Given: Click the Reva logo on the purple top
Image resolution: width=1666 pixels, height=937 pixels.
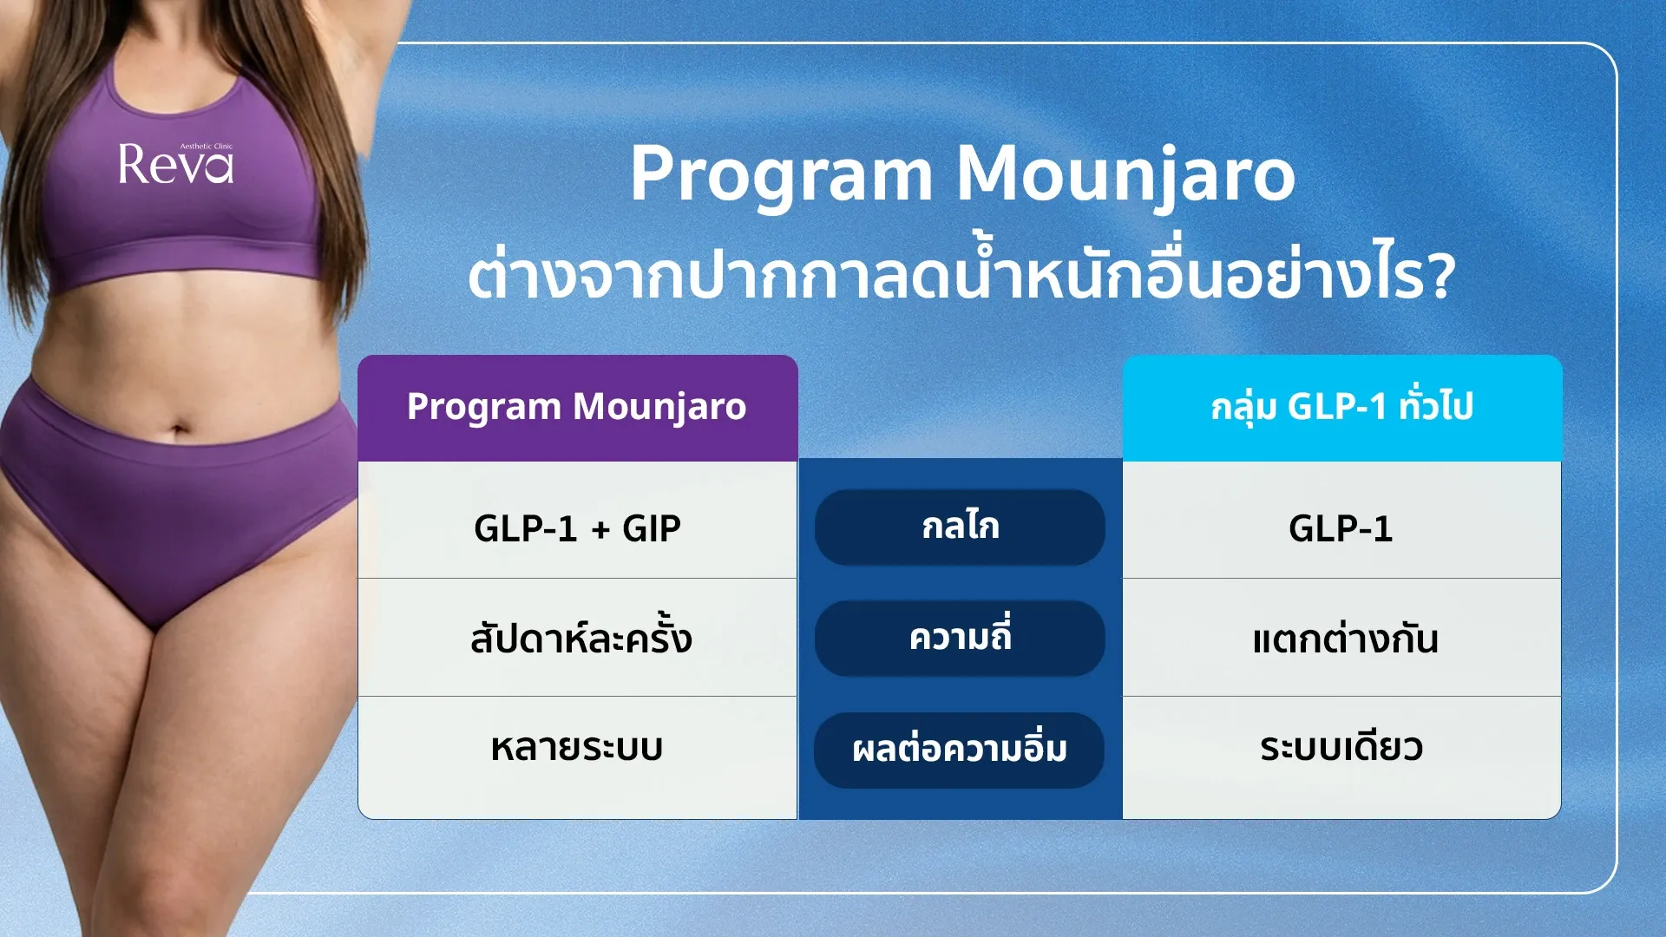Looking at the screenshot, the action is pos(176,164).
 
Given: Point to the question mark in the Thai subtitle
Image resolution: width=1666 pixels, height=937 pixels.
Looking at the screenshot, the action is pos(1439,277).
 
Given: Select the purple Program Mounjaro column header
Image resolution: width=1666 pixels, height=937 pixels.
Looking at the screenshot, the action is pos(578,408).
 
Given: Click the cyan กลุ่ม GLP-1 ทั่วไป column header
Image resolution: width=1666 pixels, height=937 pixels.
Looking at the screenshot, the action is pos(1342,408).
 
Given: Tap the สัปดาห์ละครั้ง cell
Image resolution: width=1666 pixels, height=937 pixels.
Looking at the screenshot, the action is pos(578,637).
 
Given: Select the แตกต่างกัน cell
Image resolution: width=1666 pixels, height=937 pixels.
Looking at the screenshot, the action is pos(1341,637).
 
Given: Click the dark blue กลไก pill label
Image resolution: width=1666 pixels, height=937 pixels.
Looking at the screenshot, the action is pos(960,527).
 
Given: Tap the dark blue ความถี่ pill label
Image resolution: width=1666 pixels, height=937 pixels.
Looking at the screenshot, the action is pos(960,639).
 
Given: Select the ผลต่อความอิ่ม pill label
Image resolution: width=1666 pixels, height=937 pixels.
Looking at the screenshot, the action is pos(960,750).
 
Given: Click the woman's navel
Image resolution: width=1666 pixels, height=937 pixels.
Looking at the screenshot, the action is pos(179,429).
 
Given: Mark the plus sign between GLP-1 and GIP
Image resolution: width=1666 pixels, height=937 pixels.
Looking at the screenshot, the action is pos(600,529).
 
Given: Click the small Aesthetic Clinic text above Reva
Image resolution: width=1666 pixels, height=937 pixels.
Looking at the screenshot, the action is pos(207,147).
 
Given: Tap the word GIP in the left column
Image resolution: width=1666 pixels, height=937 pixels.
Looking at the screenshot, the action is pos(652,528).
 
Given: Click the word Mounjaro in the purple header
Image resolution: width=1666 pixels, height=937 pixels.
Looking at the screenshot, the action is pos(659,407).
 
